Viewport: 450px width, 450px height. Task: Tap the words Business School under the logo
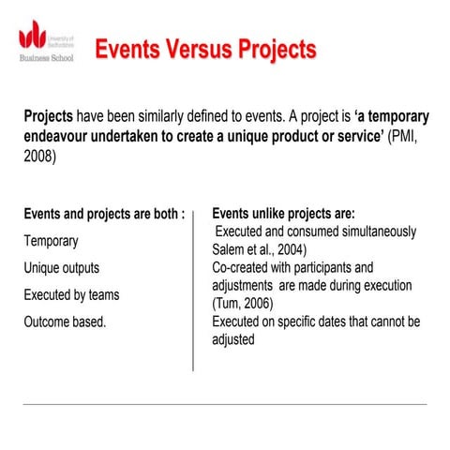[47, 57]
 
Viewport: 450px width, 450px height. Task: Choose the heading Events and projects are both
[103, 213]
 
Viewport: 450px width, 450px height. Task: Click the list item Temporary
[51, 241]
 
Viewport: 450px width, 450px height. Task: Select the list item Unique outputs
[61, 268]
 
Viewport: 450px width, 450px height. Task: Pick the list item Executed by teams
[71, 295]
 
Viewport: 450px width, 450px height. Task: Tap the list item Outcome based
[65, 322]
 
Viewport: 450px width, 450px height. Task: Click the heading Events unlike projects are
[283, 213]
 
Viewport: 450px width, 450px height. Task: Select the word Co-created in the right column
[242, 267]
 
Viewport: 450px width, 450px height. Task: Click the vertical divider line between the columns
[193, 291]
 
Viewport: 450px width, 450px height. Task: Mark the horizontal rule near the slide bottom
[225, 405]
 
